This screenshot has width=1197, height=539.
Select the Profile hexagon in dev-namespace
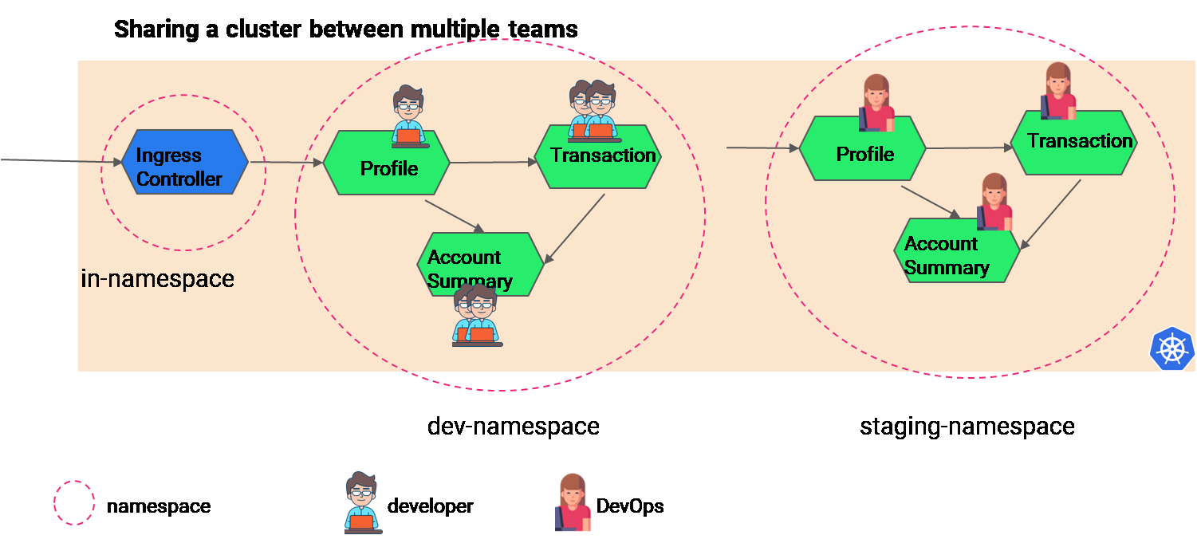tap(387, 166)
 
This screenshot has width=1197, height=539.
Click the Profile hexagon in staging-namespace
tap(862, 149)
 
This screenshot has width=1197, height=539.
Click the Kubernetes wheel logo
tap(1172, 349)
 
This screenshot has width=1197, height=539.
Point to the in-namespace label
tap(158, 279)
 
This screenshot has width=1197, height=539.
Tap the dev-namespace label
tap(513, 427)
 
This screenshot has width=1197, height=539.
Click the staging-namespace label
tap(967, 427)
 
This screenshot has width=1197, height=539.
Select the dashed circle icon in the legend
tap(73, 502)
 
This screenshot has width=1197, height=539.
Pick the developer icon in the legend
tap(362, 502)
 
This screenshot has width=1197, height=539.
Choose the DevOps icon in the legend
tap(573, 502)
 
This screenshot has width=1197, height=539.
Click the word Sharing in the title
tap(156, 30)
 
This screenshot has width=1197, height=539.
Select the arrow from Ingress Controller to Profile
tap(286, 163)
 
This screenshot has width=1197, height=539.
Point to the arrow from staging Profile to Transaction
tap(968, 148)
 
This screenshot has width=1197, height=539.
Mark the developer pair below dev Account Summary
tap(477, 317)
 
